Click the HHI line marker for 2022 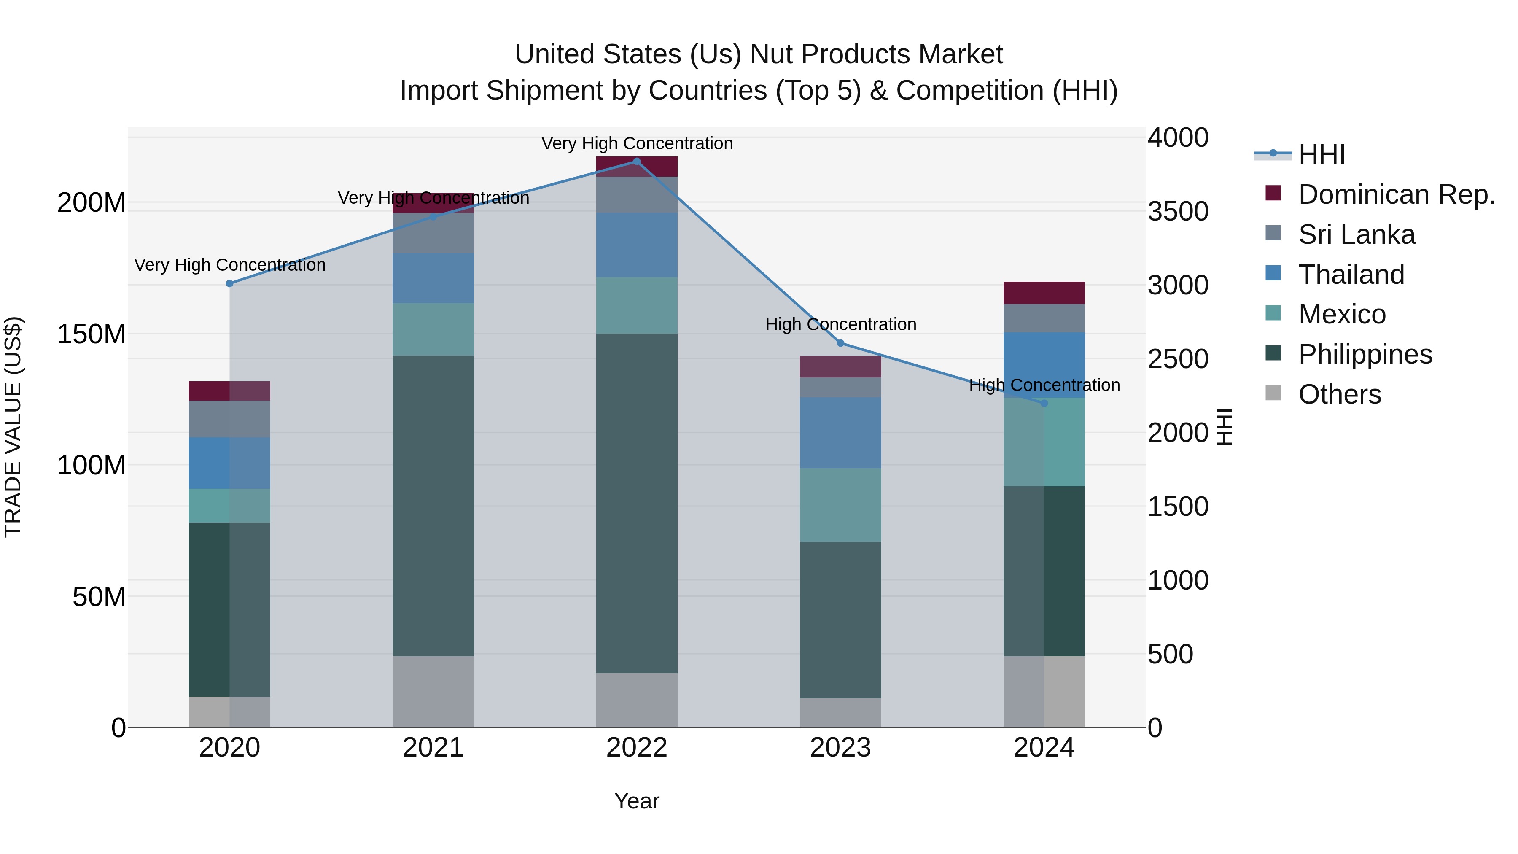[636, 162]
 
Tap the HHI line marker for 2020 [230, 283]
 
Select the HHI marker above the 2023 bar [840, 343]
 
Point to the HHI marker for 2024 [1044, 403]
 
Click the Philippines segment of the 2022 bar [636, 503]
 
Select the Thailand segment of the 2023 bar [840, 433]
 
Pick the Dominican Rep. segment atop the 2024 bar [1044, 293]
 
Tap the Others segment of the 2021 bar [433, 691]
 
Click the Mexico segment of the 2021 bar [433, 329]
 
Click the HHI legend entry [1321, 154]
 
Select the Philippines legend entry [1365, 354]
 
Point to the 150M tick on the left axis [92, 334]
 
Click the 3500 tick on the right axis [1177, 212]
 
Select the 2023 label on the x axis [840, 748]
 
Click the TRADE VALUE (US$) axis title [13, 427]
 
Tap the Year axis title [636, 801]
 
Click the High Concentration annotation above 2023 [840, 324]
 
